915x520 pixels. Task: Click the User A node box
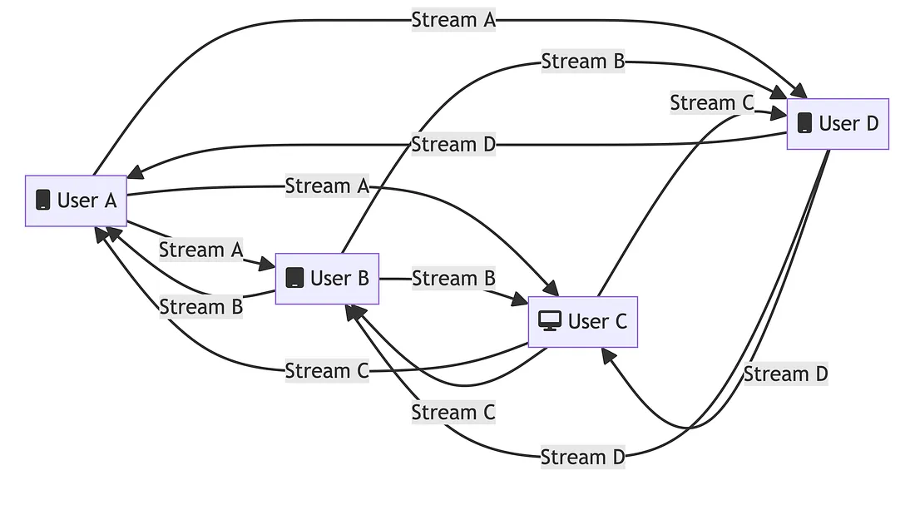click(76, 201)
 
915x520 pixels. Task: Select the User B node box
click(327, 279)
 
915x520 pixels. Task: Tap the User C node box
click(582, 322)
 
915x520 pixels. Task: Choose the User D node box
click(838, 124)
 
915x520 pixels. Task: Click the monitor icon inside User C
click(550, 321)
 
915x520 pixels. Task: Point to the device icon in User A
click(43, 201)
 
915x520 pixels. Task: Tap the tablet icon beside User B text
click(294, 278)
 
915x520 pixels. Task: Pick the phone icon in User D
click(804, 123)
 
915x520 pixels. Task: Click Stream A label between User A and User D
click(453, 20)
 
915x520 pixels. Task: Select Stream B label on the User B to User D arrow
click(582, 62)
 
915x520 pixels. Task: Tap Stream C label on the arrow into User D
click(711, 103)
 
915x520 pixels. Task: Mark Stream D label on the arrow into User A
click(453, 145)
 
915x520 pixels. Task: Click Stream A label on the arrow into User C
click(327, 186)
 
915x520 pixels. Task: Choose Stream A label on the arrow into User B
click(200, 250)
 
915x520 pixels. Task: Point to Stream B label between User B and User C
click(453, 279)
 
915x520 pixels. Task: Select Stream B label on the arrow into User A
click(200, 307)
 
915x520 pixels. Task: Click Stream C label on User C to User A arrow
click(327, 371)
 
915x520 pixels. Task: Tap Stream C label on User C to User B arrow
click(453, 413)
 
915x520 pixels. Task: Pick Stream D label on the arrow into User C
click(785, 374)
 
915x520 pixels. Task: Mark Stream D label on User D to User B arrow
click(582, 457)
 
